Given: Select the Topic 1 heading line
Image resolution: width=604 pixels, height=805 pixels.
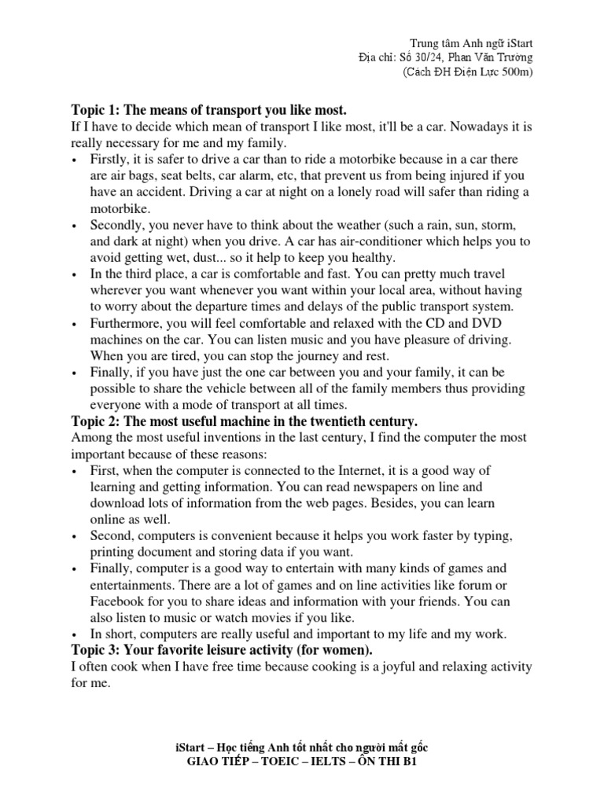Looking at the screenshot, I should (208, 108).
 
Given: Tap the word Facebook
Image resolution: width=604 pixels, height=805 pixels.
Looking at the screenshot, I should (120, 601).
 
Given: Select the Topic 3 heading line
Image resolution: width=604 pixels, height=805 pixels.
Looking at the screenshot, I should (222, 650).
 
